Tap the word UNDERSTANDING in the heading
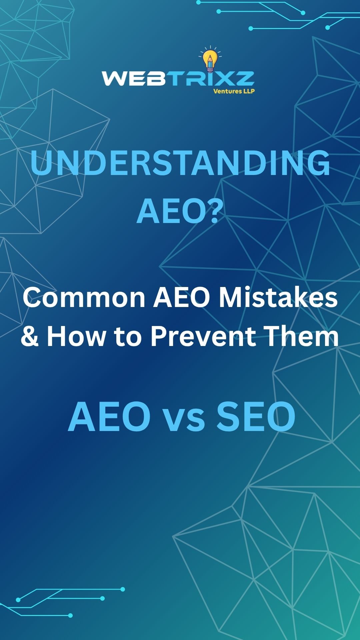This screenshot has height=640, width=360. tap(180, 163)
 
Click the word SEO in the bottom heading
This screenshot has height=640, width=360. tap(256, 417)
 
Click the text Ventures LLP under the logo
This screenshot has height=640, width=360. tap(234, 91)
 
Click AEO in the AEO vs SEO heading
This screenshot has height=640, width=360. tap(110, 417)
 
